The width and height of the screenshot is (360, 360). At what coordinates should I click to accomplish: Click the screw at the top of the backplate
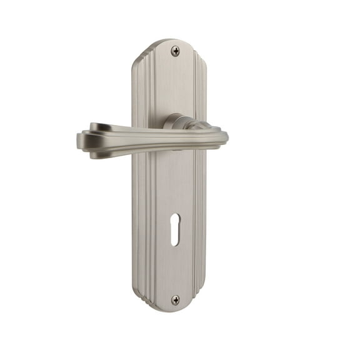(175, 51)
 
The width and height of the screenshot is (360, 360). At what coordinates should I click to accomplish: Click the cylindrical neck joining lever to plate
(177, 122)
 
